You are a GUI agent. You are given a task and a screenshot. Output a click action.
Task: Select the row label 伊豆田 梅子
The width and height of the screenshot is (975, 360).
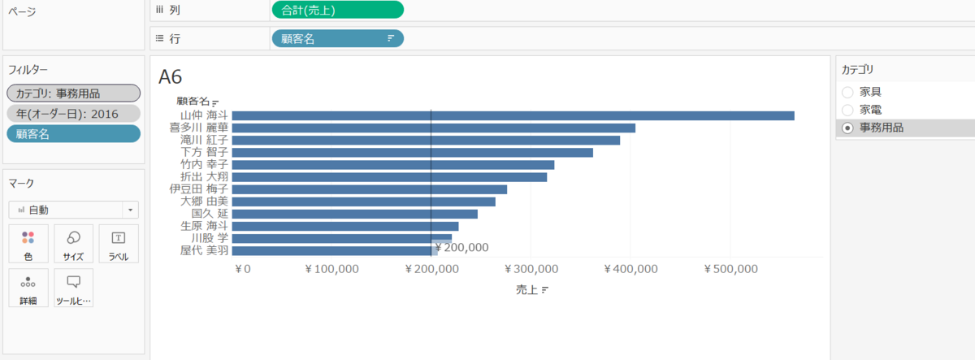pyautogui.click(x=198, y=189)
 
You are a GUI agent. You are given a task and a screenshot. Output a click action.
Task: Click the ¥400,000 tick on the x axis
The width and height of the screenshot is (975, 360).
pyautogui.click(x=630, y=269)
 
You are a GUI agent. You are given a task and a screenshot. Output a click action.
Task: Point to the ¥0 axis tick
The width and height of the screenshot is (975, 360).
pyautogui.click(x=243, y=269)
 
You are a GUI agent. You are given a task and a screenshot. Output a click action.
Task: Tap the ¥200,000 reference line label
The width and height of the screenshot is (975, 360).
pyautogui.click(x=462, y=248)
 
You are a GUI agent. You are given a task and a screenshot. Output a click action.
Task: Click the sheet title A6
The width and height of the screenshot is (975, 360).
pyautogui.click(x=171, y=77)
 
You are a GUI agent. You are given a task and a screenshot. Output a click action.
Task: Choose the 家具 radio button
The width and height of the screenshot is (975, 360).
pyautogui.click(x=848, y=92)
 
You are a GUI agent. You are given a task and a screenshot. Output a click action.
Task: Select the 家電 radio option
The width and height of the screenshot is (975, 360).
pyautogui.click(x=848, y=110)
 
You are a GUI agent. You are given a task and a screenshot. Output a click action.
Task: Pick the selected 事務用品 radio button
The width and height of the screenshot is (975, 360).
pyautogui.click(x=848, y=128)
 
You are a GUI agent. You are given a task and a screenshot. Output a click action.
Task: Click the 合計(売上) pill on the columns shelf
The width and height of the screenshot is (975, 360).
pyautogui.click(x=337, y=10)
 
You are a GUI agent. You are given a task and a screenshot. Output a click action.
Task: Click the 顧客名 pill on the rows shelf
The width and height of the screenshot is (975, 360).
pyautogui.click(x=337, y=38)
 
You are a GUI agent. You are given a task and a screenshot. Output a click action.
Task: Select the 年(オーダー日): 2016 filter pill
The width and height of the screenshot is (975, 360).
pyautogui.click(x=73, y=114)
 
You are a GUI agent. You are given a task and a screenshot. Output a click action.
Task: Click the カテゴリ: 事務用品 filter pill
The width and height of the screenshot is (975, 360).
pyautogui.click(x=73, y=93)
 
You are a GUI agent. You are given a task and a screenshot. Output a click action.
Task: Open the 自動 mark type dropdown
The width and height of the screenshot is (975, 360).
pyautogui.click(x=73, y=210)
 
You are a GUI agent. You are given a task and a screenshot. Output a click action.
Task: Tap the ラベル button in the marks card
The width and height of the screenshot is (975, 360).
pyautogui.click(x=118, y=244)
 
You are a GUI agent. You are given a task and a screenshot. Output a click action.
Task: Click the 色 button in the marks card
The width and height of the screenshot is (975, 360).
pyautogui.click(x=28, y=244)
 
